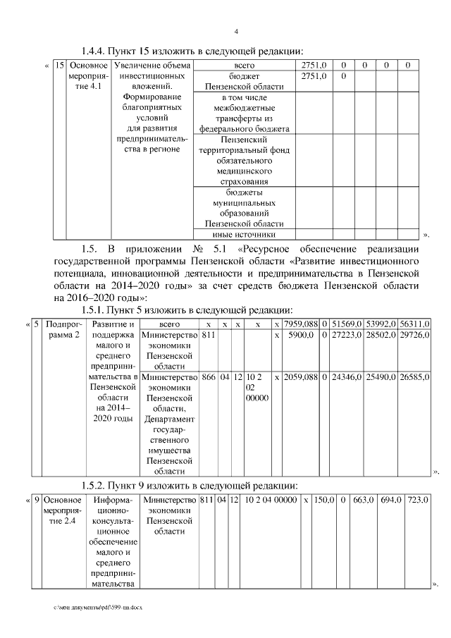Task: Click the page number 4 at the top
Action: (x=236, y=31)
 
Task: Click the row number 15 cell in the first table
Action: (x=60, y=66)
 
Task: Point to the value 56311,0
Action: (x=414, y=324)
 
